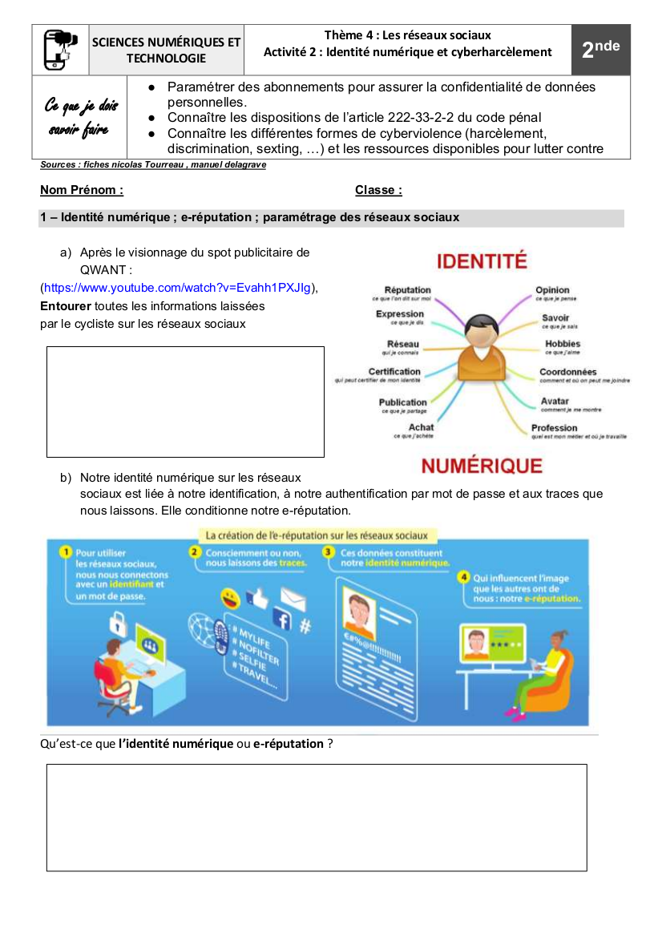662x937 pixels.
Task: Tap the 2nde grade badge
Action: pyautogui.click(x=600, y=50)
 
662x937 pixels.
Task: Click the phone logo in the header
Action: pyautogui.click(x=60, y=50)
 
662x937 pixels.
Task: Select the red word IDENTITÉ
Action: pyautogui.click(x=481, y=261)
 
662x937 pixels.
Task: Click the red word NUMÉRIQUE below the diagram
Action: pyautogui.click(x=482, y=466)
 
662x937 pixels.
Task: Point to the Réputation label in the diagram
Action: pyautogui.click(x=407, y=290)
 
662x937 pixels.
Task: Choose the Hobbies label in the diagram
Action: pyautogui.click(x=563, y=344)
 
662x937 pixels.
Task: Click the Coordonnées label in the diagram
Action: pyautogui.click(x=567, y=372)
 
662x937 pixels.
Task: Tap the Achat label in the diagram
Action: pyautogui.click(x=421, y=427)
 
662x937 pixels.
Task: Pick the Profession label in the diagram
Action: pyautogui.click(x=554, y=428)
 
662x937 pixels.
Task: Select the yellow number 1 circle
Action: pyautogui.click(x=63, y=553)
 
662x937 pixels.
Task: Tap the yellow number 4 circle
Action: pyautogui.click(x=463, y=577)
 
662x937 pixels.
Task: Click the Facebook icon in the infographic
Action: pyautogui.click(x=281, y=619)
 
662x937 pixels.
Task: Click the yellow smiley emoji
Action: pyautogui.click(x=230, y=599)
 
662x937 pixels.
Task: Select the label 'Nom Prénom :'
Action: pyautogui.click(x=82, y=190)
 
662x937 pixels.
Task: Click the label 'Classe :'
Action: pyautogui.click(x=378, y=190)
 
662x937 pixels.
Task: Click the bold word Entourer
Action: pyautogui.click(x=66, y=305)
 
